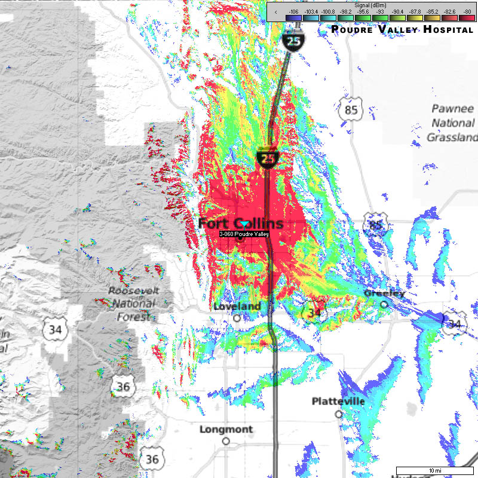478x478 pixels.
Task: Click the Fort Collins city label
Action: (241, 223)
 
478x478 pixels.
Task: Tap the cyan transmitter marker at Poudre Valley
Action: (245, 223)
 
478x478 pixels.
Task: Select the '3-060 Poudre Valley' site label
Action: (244, 234)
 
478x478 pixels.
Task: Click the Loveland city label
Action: (237, 307)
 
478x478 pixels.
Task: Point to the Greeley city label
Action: (385, 293)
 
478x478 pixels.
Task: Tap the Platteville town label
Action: (338, 402)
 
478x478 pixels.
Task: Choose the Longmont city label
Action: (226, 429)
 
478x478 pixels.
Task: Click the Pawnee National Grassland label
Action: (451, 123)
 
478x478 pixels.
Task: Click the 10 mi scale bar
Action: (431, 470)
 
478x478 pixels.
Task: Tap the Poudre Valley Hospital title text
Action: (402, 29)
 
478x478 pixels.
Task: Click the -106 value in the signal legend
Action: (293, 11)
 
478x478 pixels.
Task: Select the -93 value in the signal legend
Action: (379, 11)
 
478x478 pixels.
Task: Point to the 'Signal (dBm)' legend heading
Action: (371, 5)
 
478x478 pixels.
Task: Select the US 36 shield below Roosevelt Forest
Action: (123, 387)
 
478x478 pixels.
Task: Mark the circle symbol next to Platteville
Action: (338, 413)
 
